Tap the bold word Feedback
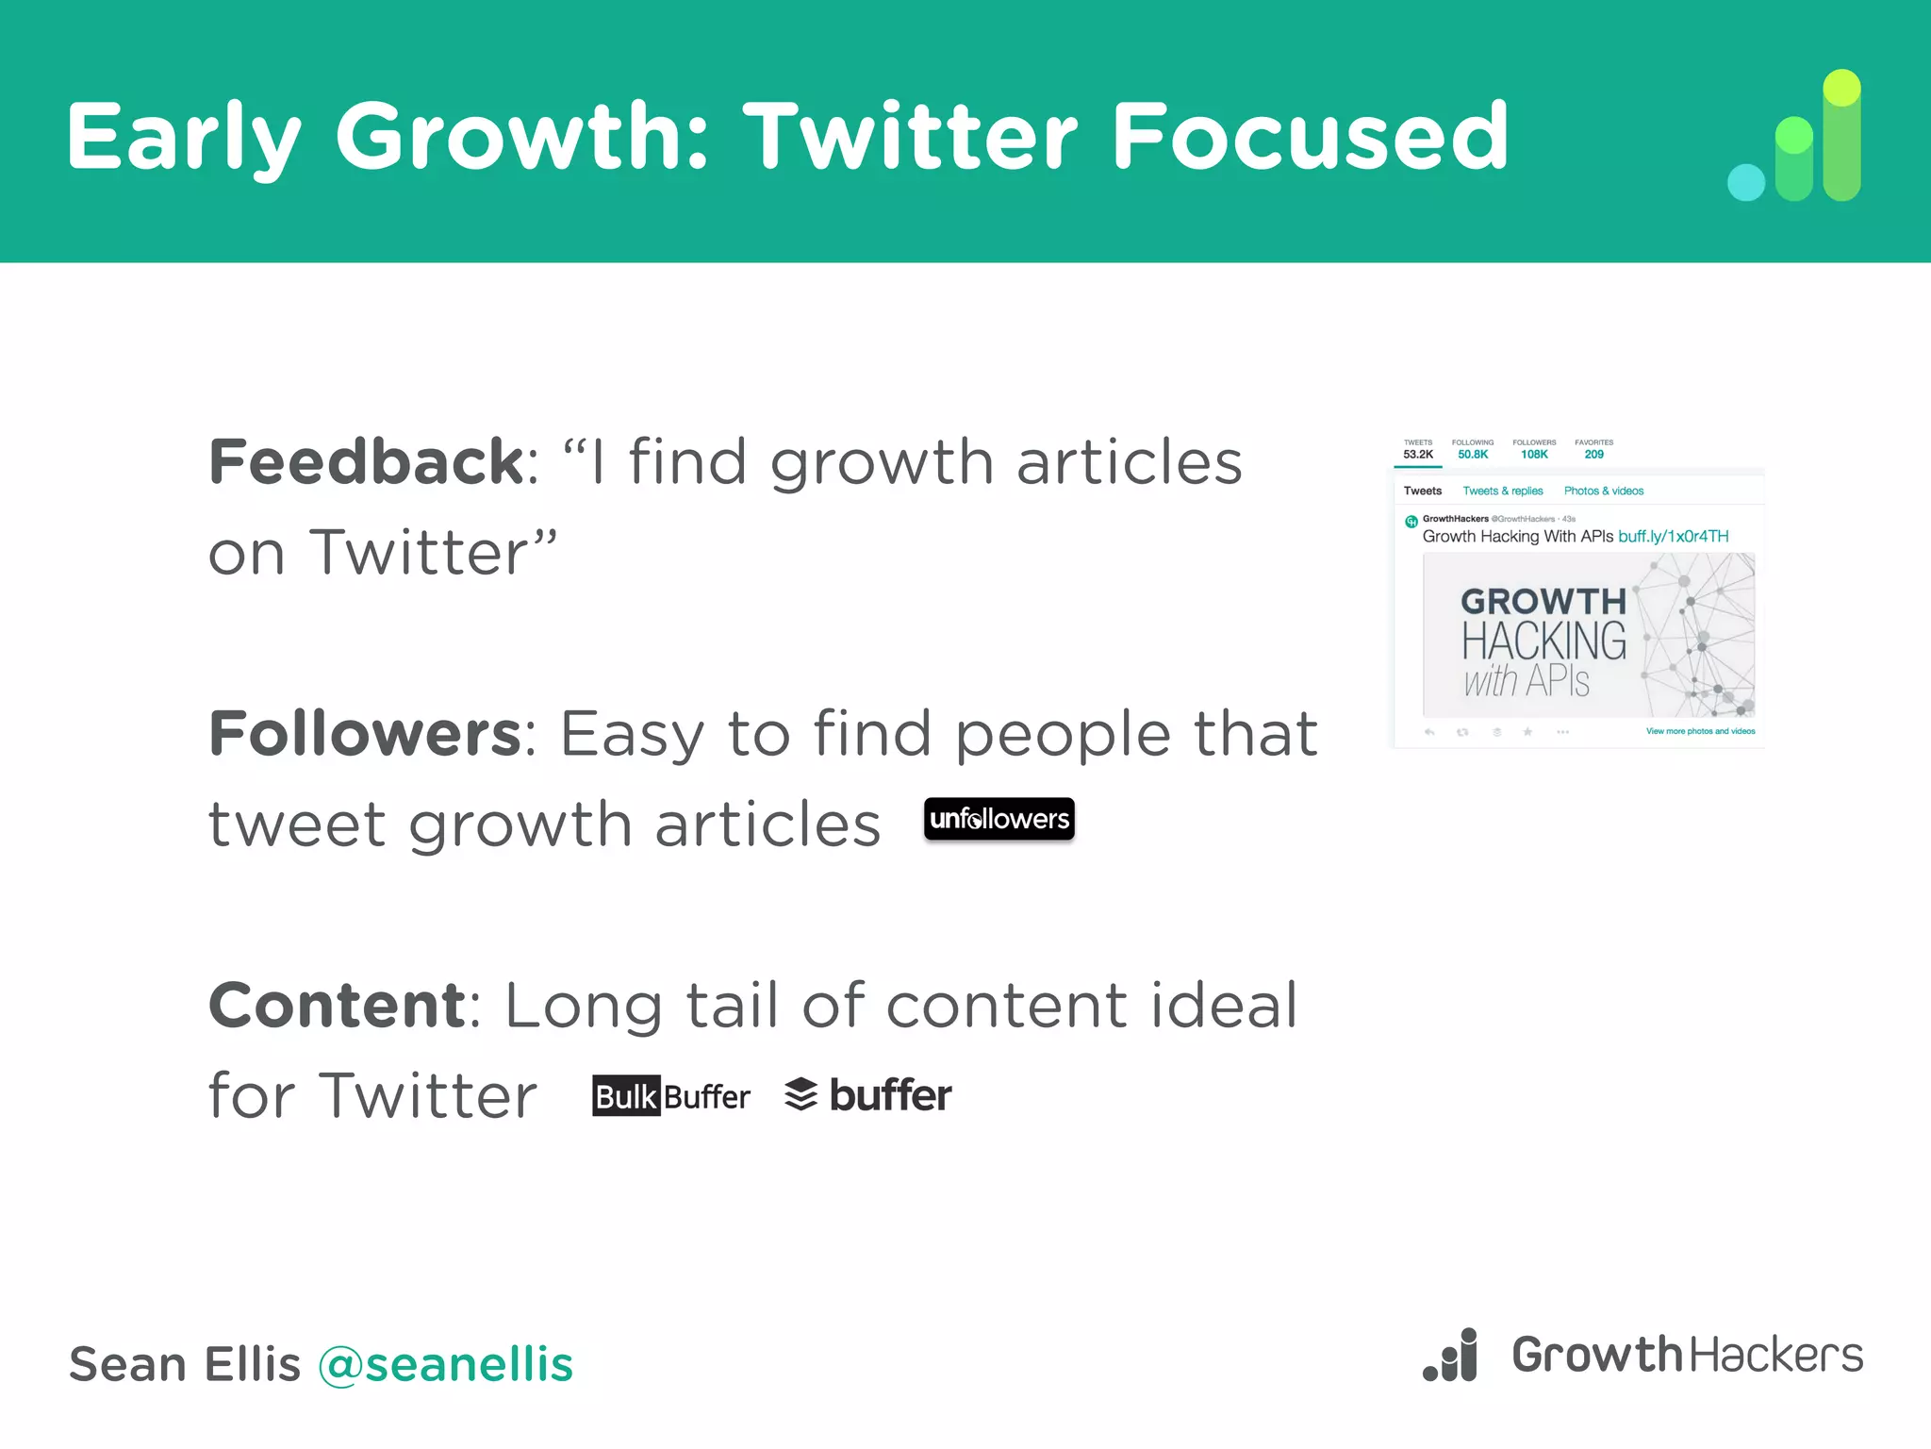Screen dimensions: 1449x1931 tap(366, 462)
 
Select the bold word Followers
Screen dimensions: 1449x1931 tap(365, 734)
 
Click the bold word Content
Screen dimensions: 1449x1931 tap(337, 1005)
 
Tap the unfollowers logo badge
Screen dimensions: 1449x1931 tap(999, 819)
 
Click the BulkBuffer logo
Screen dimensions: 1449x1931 tap(671, 1096)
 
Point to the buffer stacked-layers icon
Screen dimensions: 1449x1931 tap(800, 1094)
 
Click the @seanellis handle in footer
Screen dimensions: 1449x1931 tap(445, 1364)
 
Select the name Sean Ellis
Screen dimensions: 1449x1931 tap(185, 1364)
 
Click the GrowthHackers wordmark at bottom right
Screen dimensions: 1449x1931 tap(1687, 1356)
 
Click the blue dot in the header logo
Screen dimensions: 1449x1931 tap(1745, 182)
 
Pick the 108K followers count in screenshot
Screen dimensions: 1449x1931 tap(1534, 454)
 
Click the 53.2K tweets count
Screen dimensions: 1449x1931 tap(1417, 454)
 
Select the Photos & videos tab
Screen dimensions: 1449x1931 tap(1603, 491)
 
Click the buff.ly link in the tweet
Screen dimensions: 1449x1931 tap(1673, 536)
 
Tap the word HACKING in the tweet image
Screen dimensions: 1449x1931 tap(1543, 641)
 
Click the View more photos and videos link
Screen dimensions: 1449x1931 tap(1700, 731)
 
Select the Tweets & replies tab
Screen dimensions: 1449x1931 tap(1502, 491)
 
